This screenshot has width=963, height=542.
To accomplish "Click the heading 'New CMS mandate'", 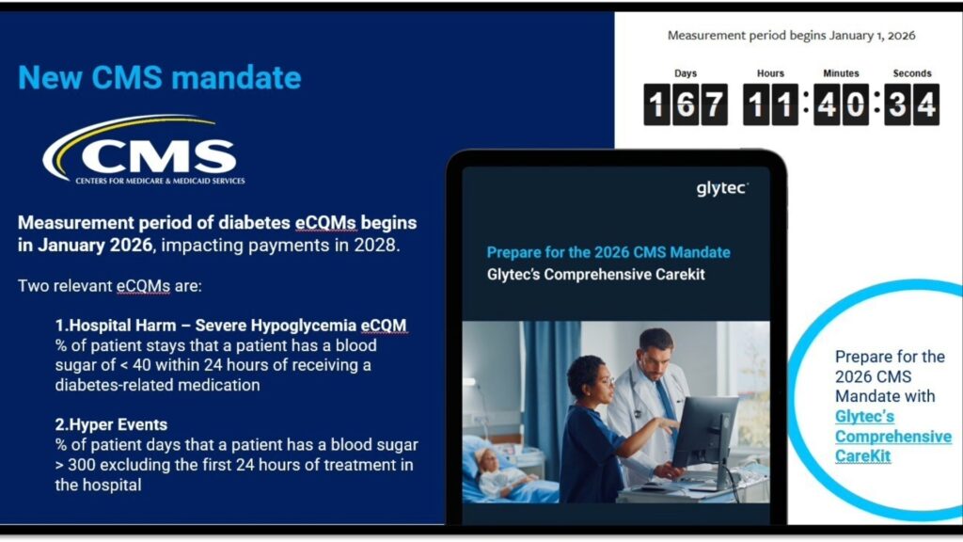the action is (160, 78).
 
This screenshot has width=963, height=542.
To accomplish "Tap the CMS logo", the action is (144, 151).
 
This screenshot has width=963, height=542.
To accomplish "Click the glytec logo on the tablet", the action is (722, 188).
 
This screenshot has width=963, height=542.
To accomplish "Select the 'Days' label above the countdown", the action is (686, 73).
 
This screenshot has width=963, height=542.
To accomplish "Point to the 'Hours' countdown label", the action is (770, 73).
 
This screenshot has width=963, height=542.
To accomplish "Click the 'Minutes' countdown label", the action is (841, 73).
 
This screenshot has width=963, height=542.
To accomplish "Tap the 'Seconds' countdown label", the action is (912, 73).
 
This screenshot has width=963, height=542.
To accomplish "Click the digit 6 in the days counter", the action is (686, 104).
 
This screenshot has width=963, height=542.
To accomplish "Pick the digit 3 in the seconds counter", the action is (897, 104).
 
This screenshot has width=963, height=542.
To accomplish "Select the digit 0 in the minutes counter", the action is (855, 104).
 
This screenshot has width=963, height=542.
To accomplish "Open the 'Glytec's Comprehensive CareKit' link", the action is (893, 437).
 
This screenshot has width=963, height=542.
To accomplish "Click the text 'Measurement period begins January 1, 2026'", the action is (791, 36).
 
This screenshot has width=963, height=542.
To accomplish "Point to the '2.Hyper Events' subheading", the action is (111, 424).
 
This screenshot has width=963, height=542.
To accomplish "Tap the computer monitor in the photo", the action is (705, 433).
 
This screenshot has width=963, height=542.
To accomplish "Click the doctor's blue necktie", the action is (665, 403).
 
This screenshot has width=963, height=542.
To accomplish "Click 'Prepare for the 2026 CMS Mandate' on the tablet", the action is (608, 252).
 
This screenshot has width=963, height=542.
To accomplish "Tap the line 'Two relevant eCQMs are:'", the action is (110, 286).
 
